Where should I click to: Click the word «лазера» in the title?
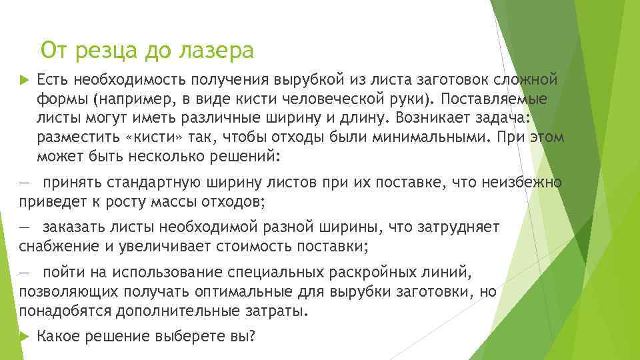tap(219, 50)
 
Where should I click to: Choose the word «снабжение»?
tap(57, 246)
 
